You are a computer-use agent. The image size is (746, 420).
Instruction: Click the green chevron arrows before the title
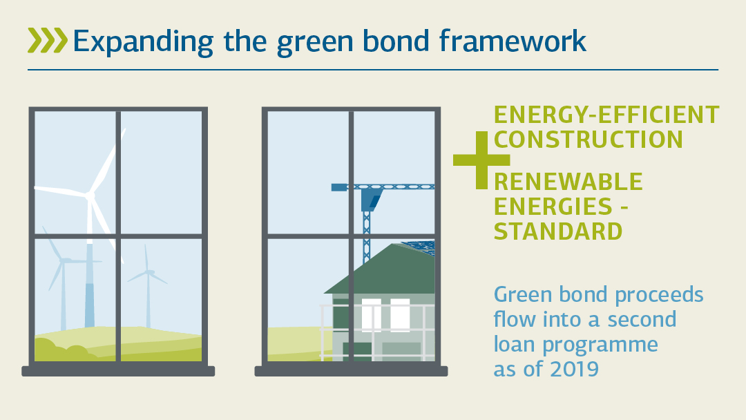click(47, 41)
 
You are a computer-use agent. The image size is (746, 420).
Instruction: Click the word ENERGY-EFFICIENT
click(606, 115)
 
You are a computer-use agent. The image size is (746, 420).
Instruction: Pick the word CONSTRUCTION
click(589, 139)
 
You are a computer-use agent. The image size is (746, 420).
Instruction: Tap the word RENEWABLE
click(568, 182)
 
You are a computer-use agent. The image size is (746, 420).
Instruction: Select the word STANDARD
click(558, 231)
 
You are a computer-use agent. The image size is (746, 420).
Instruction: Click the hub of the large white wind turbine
click(90, 196)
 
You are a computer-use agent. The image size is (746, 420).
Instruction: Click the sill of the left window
click(118, 371)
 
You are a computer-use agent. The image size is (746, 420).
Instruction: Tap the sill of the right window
click(351, 371)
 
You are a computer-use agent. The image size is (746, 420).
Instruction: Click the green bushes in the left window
click(62, 349)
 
